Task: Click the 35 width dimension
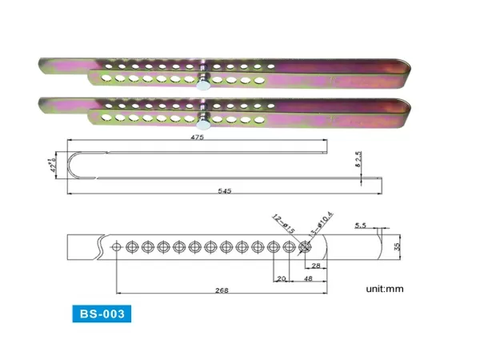point(394,247)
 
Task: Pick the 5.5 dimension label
point(360,226)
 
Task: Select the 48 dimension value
point(308,281)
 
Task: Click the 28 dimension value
point(316,266)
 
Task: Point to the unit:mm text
point(388,287)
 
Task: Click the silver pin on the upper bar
point(205,80)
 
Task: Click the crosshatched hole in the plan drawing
point(305,247)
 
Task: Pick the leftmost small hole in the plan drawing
point(116,247)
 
